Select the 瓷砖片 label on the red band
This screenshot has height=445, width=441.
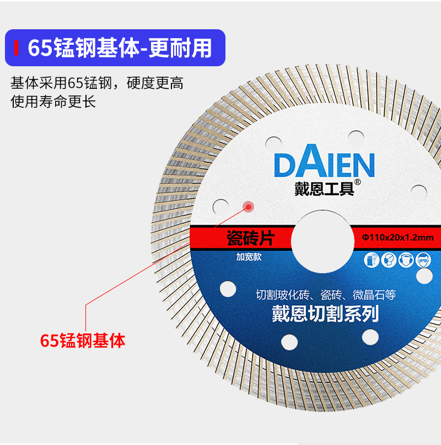[250, 239]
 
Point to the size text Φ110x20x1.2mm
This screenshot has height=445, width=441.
[397, 238]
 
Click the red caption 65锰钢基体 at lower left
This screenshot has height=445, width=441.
[83, 340]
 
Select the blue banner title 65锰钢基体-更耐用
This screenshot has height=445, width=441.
[120, 48]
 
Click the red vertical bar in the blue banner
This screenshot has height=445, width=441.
[17, 48]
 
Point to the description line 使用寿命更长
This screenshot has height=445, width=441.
[53, 102]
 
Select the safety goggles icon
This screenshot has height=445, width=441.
[423, 259]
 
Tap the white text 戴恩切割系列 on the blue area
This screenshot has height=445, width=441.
[325, 314]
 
